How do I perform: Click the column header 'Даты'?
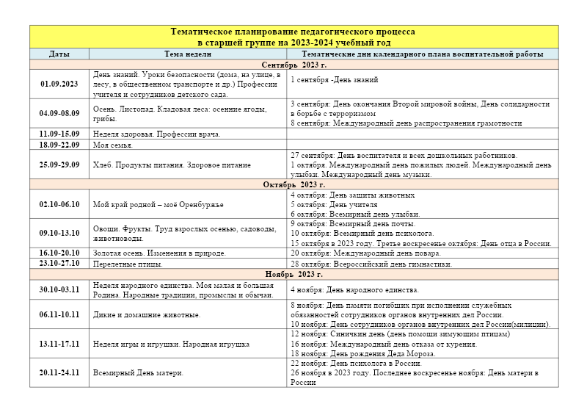coord(59,54)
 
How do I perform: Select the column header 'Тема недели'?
coord(188,54)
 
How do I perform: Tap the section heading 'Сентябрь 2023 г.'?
coord(293,65)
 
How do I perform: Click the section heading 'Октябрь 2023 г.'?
coord(293,185)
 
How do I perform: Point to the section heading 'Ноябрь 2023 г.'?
coord(293,274)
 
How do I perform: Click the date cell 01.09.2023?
coord(59,84)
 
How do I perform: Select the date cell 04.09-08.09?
coord(59,114)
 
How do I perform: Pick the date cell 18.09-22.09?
coord(59,145)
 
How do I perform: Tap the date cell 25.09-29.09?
coord(59,165)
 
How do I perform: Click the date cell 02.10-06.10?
coord(59,204)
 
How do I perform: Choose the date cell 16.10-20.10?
coord(59,253)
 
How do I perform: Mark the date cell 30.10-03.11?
coord(59,289)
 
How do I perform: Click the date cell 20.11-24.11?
coord(59,372)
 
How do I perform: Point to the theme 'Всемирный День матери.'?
coord(138,372)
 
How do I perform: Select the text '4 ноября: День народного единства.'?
coord(354,290)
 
